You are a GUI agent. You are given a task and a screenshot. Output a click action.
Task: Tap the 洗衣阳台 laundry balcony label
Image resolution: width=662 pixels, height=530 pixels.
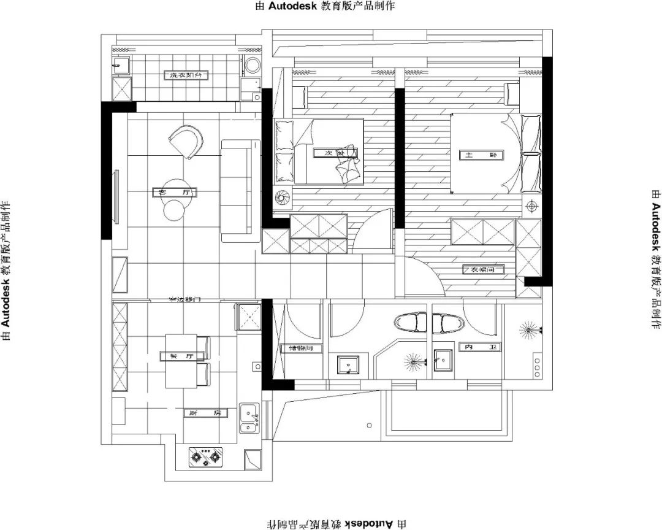186,75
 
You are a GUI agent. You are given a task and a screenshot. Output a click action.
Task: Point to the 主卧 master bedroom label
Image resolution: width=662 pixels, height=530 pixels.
481,156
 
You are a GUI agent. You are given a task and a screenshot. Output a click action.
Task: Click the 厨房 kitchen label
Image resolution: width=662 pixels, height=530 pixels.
205,413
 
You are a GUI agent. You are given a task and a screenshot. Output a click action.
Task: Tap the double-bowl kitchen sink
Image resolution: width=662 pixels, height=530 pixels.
248,418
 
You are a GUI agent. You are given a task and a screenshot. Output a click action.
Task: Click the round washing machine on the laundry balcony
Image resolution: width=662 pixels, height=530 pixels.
251,66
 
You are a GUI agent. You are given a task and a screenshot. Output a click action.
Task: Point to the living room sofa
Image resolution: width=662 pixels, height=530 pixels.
235,190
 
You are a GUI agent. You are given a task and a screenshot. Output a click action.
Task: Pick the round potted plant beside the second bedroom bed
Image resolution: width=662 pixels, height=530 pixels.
284,198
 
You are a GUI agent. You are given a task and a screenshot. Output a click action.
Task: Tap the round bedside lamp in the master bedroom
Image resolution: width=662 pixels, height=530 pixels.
531,205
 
